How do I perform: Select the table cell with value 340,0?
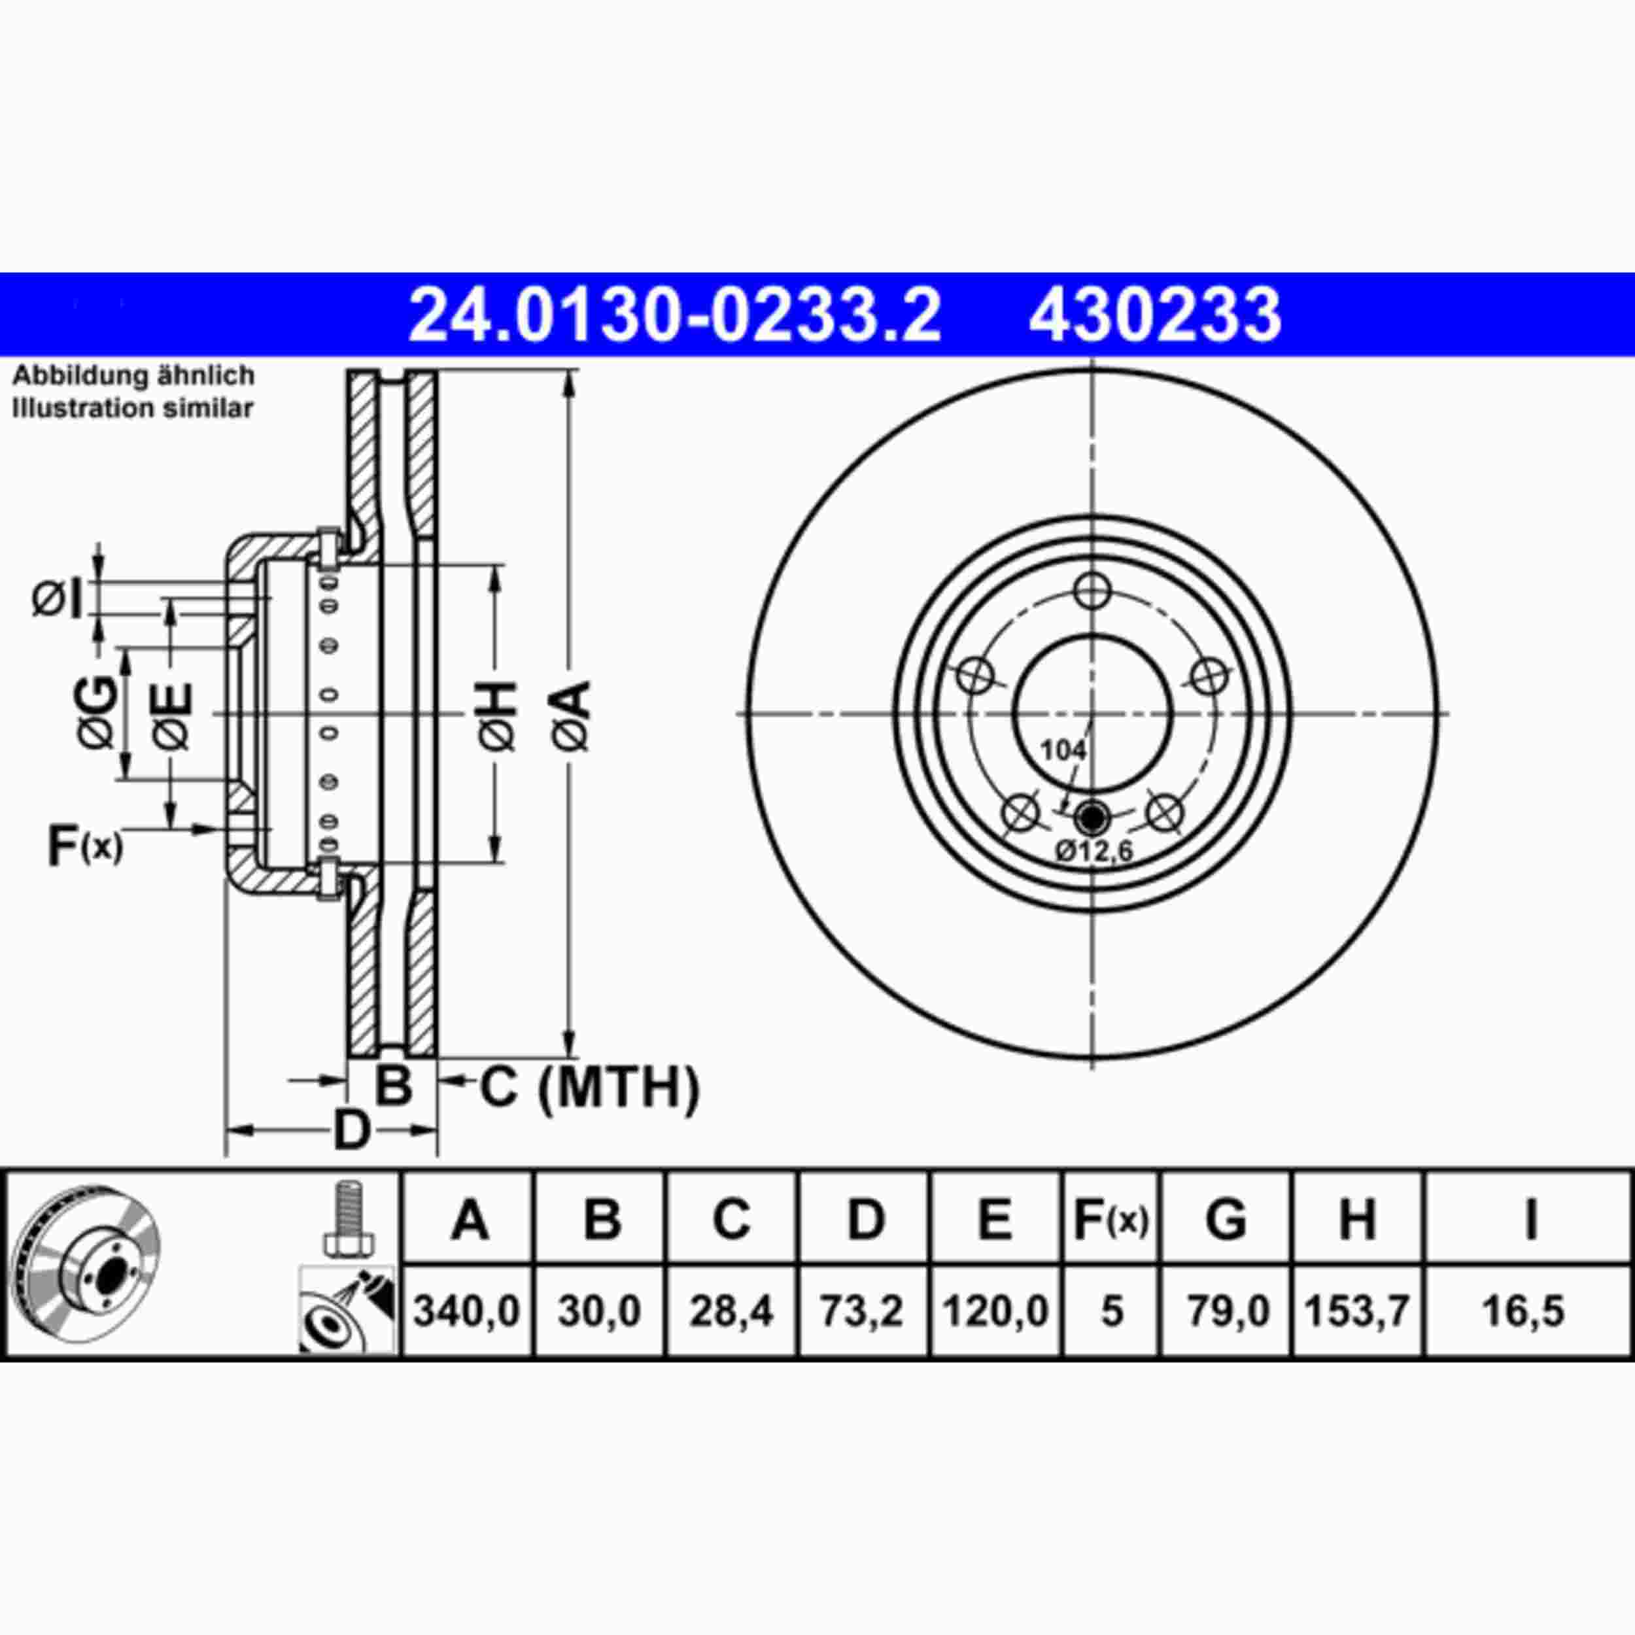coord(466,1311)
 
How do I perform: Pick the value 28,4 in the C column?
coord(731,1311)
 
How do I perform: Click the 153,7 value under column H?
coord(1356,1311)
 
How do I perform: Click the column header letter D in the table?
coord(864,1220)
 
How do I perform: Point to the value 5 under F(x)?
coord(1111,1311)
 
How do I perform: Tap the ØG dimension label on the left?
coord(98,713)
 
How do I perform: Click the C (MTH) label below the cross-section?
coord(590,1088)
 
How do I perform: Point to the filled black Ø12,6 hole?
coord(1091,817)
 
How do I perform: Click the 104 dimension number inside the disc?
coord(1063,749)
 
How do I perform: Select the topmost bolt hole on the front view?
coord(1093,590)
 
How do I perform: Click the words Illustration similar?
coord(133,409)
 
